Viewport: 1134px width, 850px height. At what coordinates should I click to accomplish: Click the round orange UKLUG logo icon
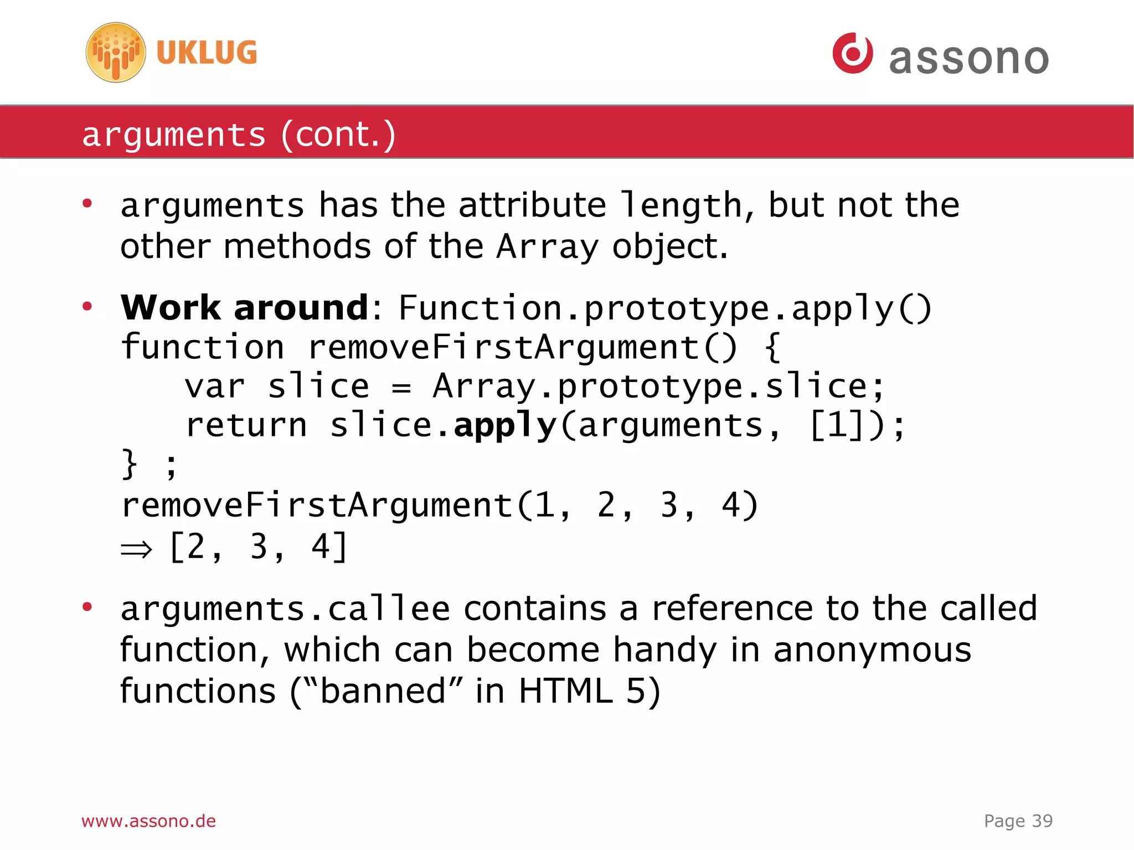(116, 53)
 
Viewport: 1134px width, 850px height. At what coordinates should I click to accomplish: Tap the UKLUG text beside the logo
(207, 53)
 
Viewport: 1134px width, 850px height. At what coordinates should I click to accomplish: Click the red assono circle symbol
(853, 53)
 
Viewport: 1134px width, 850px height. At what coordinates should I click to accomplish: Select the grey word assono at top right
(968, 58)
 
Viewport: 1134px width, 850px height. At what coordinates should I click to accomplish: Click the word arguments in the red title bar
(174, 135)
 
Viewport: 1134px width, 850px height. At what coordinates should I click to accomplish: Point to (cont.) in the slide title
(338, 135)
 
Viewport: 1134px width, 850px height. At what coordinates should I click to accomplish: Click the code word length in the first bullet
(681, 205)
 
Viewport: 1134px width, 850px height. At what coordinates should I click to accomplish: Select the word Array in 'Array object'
(547, 246)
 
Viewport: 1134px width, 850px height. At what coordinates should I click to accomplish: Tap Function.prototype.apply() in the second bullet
(664, 308)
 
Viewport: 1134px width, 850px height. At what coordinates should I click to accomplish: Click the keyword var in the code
(214, 386)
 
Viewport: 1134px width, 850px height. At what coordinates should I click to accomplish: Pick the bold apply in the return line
(504, 425)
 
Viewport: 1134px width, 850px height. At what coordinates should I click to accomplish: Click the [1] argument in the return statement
(837, 425)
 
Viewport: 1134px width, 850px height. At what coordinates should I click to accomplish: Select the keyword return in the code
(246, 425)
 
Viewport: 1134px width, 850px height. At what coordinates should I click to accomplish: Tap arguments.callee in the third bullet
(285, 609)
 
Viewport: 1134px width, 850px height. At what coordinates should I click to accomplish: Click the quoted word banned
(383, 691)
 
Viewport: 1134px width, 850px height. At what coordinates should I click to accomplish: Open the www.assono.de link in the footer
(148, 821)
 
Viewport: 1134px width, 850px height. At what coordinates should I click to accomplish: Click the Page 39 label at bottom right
(1018, 821)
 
